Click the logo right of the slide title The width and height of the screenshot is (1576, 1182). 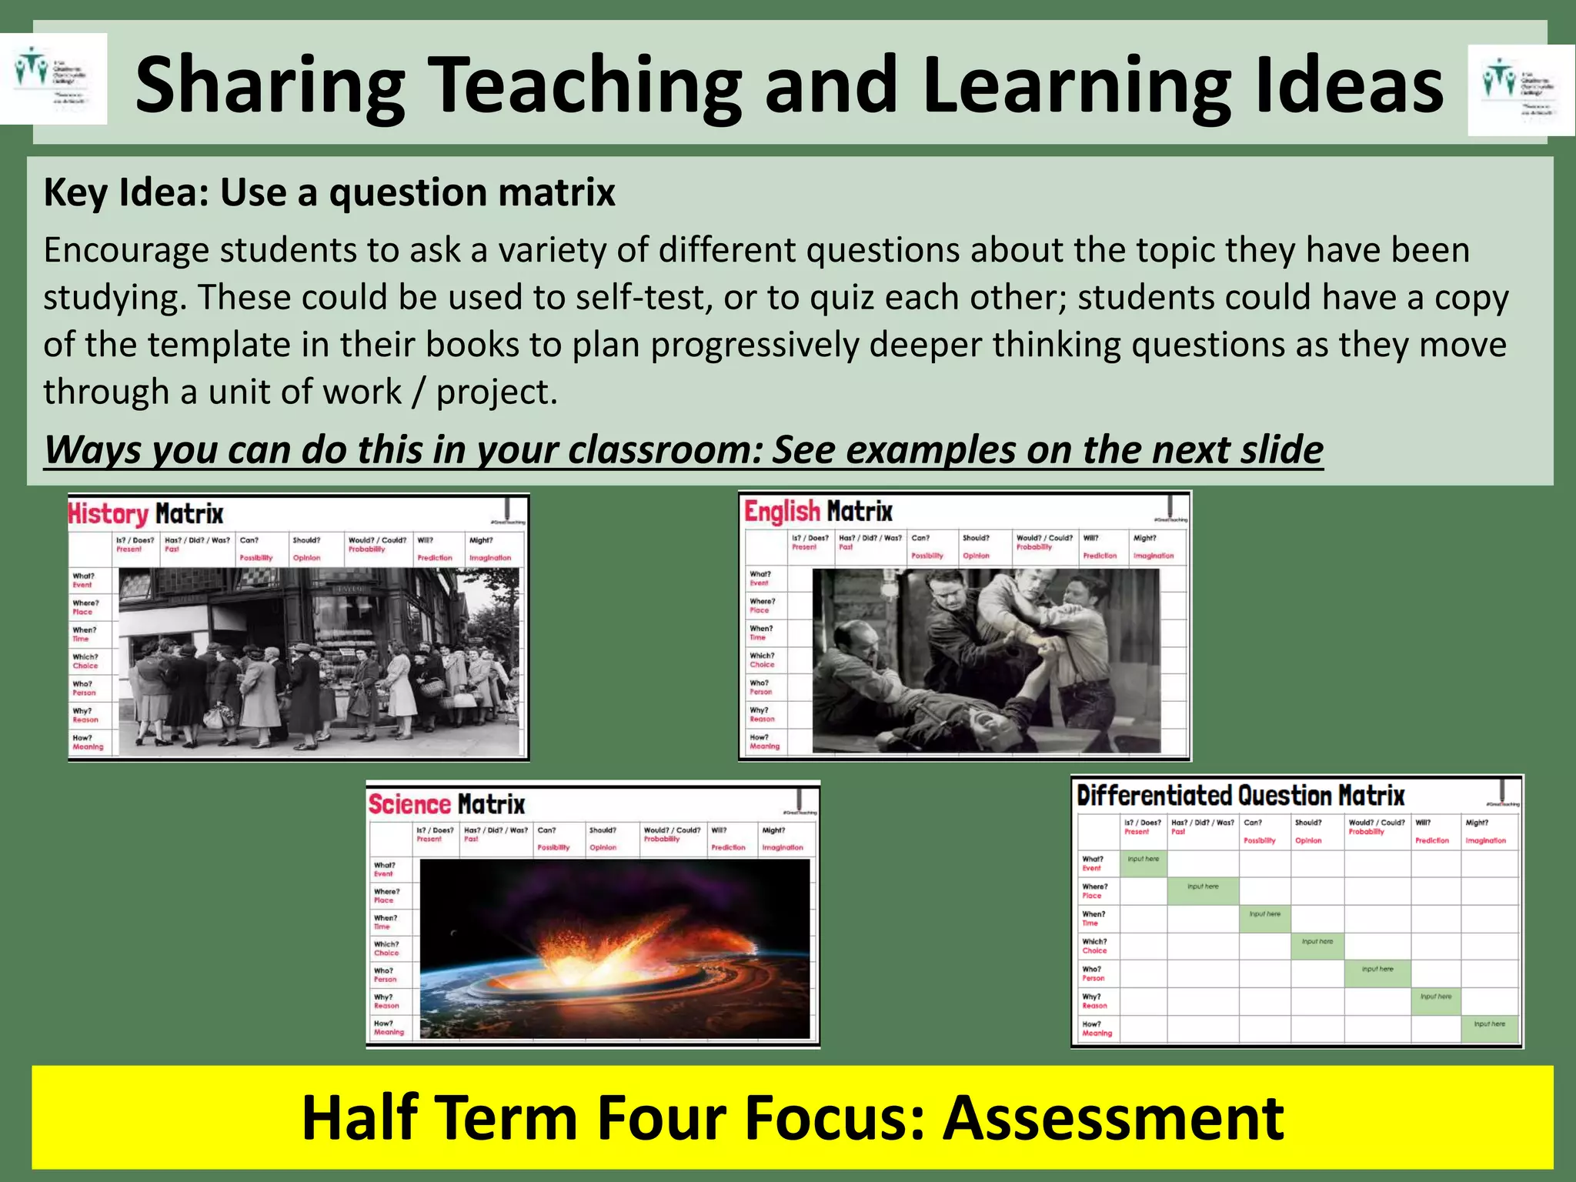tap(1521, 90)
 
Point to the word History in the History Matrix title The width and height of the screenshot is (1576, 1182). tap(108, 514)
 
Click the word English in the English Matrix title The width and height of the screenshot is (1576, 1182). tap(782, 512)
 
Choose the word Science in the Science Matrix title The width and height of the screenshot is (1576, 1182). tap(409, 805)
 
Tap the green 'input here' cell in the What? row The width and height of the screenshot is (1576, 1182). tap(1144, 862)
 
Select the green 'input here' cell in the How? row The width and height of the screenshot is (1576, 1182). tap(1489, 1027)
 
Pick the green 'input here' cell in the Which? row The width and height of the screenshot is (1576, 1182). tap(1317, 944)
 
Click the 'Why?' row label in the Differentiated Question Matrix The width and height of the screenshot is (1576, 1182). tap(1094, 1000)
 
